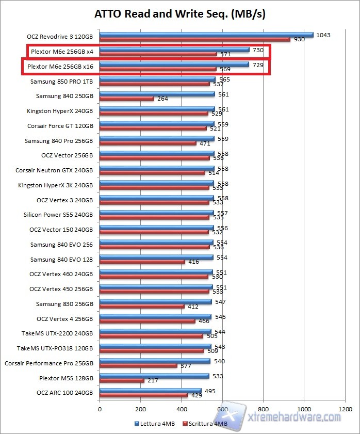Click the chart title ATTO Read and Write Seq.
coord(180,14)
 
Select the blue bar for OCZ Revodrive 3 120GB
coord(206,35)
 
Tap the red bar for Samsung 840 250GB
coord(126,99)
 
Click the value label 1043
coord(324,35)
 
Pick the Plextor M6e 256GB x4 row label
coord(62,52)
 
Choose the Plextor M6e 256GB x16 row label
coord(60,67)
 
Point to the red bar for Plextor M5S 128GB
coord(122,381)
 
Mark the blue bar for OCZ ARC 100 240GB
coord(151,391)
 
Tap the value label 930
coord(299,40)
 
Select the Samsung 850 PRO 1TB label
coord(62,82)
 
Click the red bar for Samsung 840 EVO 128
coord(142,262)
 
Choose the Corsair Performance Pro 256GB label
coord(49,363)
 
